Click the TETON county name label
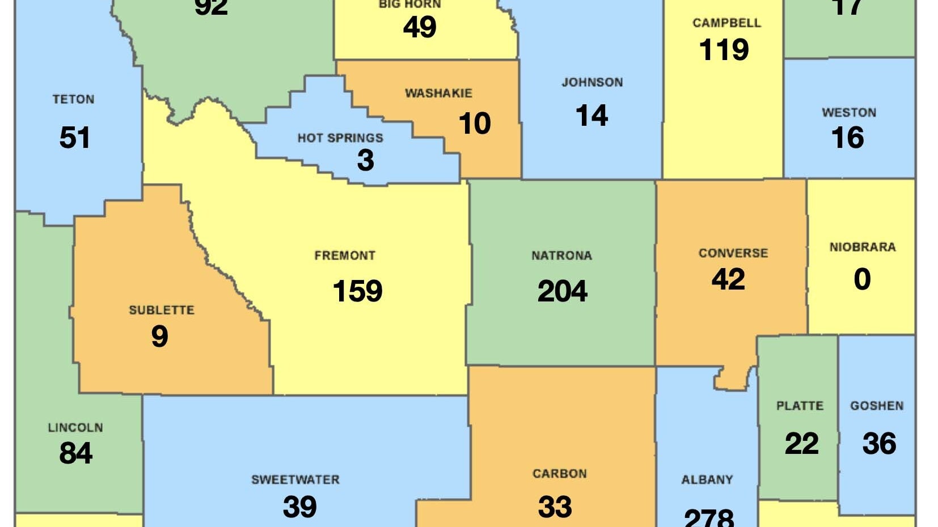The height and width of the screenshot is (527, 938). pos(73,100)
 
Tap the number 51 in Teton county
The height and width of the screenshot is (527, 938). pos(74,138)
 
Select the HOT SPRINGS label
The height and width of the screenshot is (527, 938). pos(340,138)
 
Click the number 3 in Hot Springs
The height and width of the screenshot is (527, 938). pos(366,160)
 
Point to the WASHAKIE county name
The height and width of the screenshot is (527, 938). pos(438,93)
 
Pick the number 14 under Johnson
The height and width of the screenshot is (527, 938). pos(591,116)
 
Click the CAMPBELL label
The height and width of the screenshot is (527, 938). pos(726,23)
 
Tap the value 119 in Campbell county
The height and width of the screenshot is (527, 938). pos(724,50)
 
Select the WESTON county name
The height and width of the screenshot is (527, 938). pos(849,113)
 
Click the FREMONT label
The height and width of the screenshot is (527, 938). pos(345,256)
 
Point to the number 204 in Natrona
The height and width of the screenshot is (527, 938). pos(562,291)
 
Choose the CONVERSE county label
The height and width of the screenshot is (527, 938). pos(733,253)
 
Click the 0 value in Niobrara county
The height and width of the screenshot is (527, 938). pos(862,279)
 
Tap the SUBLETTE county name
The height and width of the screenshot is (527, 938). pos(162,311)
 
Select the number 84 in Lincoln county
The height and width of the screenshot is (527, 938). pos(75,453)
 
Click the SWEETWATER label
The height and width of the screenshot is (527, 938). pos(295,480)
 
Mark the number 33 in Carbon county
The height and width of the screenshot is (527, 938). pos(555,507)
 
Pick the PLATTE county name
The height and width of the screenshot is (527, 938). pos(800,406)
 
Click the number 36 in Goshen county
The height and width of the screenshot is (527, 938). pos(879,444)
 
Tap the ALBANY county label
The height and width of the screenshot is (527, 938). pos(707,480)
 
